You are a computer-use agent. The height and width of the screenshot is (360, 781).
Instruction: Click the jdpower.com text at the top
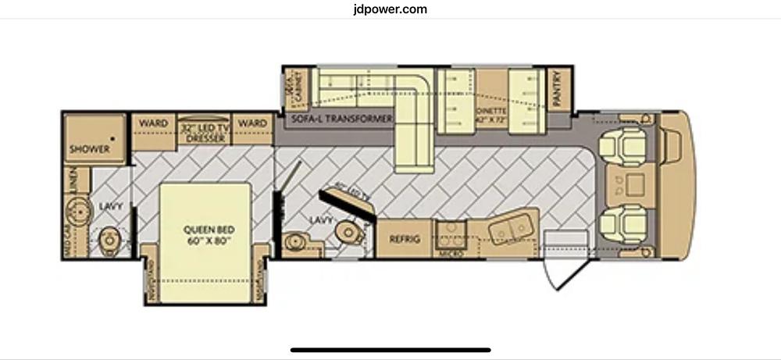pyautogui.click(x=390, y=9)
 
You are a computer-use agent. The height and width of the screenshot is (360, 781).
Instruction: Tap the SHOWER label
pyautogui.click(x=89, y=149)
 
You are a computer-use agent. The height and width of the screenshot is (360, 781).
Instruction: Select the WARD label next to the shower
pyautogui.click(x=153, y=123)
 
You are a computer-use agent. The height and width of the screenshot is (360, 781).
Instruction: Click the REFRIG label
pyautogui.click(x=405, y=239)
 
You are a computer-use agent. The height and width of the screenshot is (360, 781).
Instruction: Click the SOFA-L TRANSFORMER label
pyautogui.click(x=340, y=119)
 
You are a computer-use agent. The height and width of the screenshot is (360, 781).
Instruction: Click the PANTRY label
pyautogui.click(x=557, y=88)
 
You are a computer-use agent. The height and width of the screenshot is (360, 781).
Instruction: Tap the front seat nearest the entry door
pyautogui.click(x=622, y=223)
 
